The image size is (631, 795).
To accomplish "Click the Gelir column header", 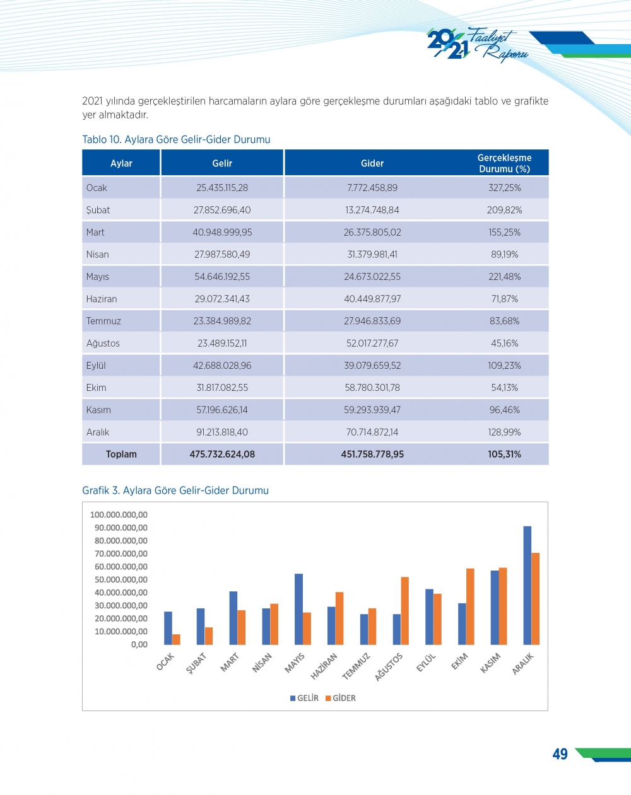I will coord(222,163).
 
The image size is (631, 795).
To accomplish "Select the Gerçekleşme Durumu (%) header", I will coord(504,163).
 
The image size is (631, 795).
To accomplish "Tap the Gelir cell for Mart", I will coord(222,232).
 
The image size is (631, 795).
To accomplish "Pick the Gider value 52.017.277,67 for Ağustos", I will coord(372,343).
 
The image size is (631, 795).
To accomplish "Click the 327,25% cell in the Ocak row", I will coord(504,188).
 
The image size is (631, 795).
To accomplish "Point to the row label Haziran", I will coord(102,299).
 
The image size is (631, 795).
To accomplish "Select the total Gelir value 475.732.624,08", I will coord(222,454).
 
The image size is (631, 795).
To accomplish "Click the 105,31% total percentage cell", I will coord(504,454).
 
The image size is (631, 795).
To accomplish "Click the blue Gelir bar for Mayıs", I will coord(298,609).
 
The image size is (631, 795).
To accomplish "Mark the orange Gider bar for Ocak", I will coord(176,639).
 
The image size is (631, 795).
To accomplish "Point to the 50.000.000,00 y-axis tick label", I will coord(121,579).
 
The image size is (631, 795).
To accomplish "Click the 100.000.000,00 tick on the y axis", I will coord(119,514).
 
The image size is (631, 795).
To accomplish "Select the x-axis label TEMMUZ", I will coord(357,666).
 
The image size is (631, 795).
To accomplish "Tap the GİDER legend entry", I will coord(341,698).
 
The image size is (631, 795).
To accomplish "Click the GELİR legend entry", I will coord(305,698).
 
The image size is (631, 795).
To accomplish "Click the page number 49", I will coord(560,754).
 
